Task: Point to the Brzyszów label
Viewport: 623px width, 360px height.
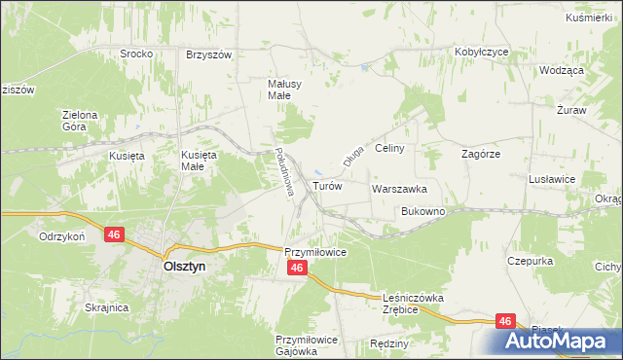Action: tap(208, 54)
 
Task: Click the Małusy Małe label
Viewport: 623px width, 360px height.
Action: tap(285, 90)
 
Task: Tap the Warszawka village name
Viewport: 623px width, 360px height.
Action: tap(399, 189)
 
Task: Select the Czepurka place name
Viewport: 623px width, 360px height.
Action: tap(531, 261)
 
